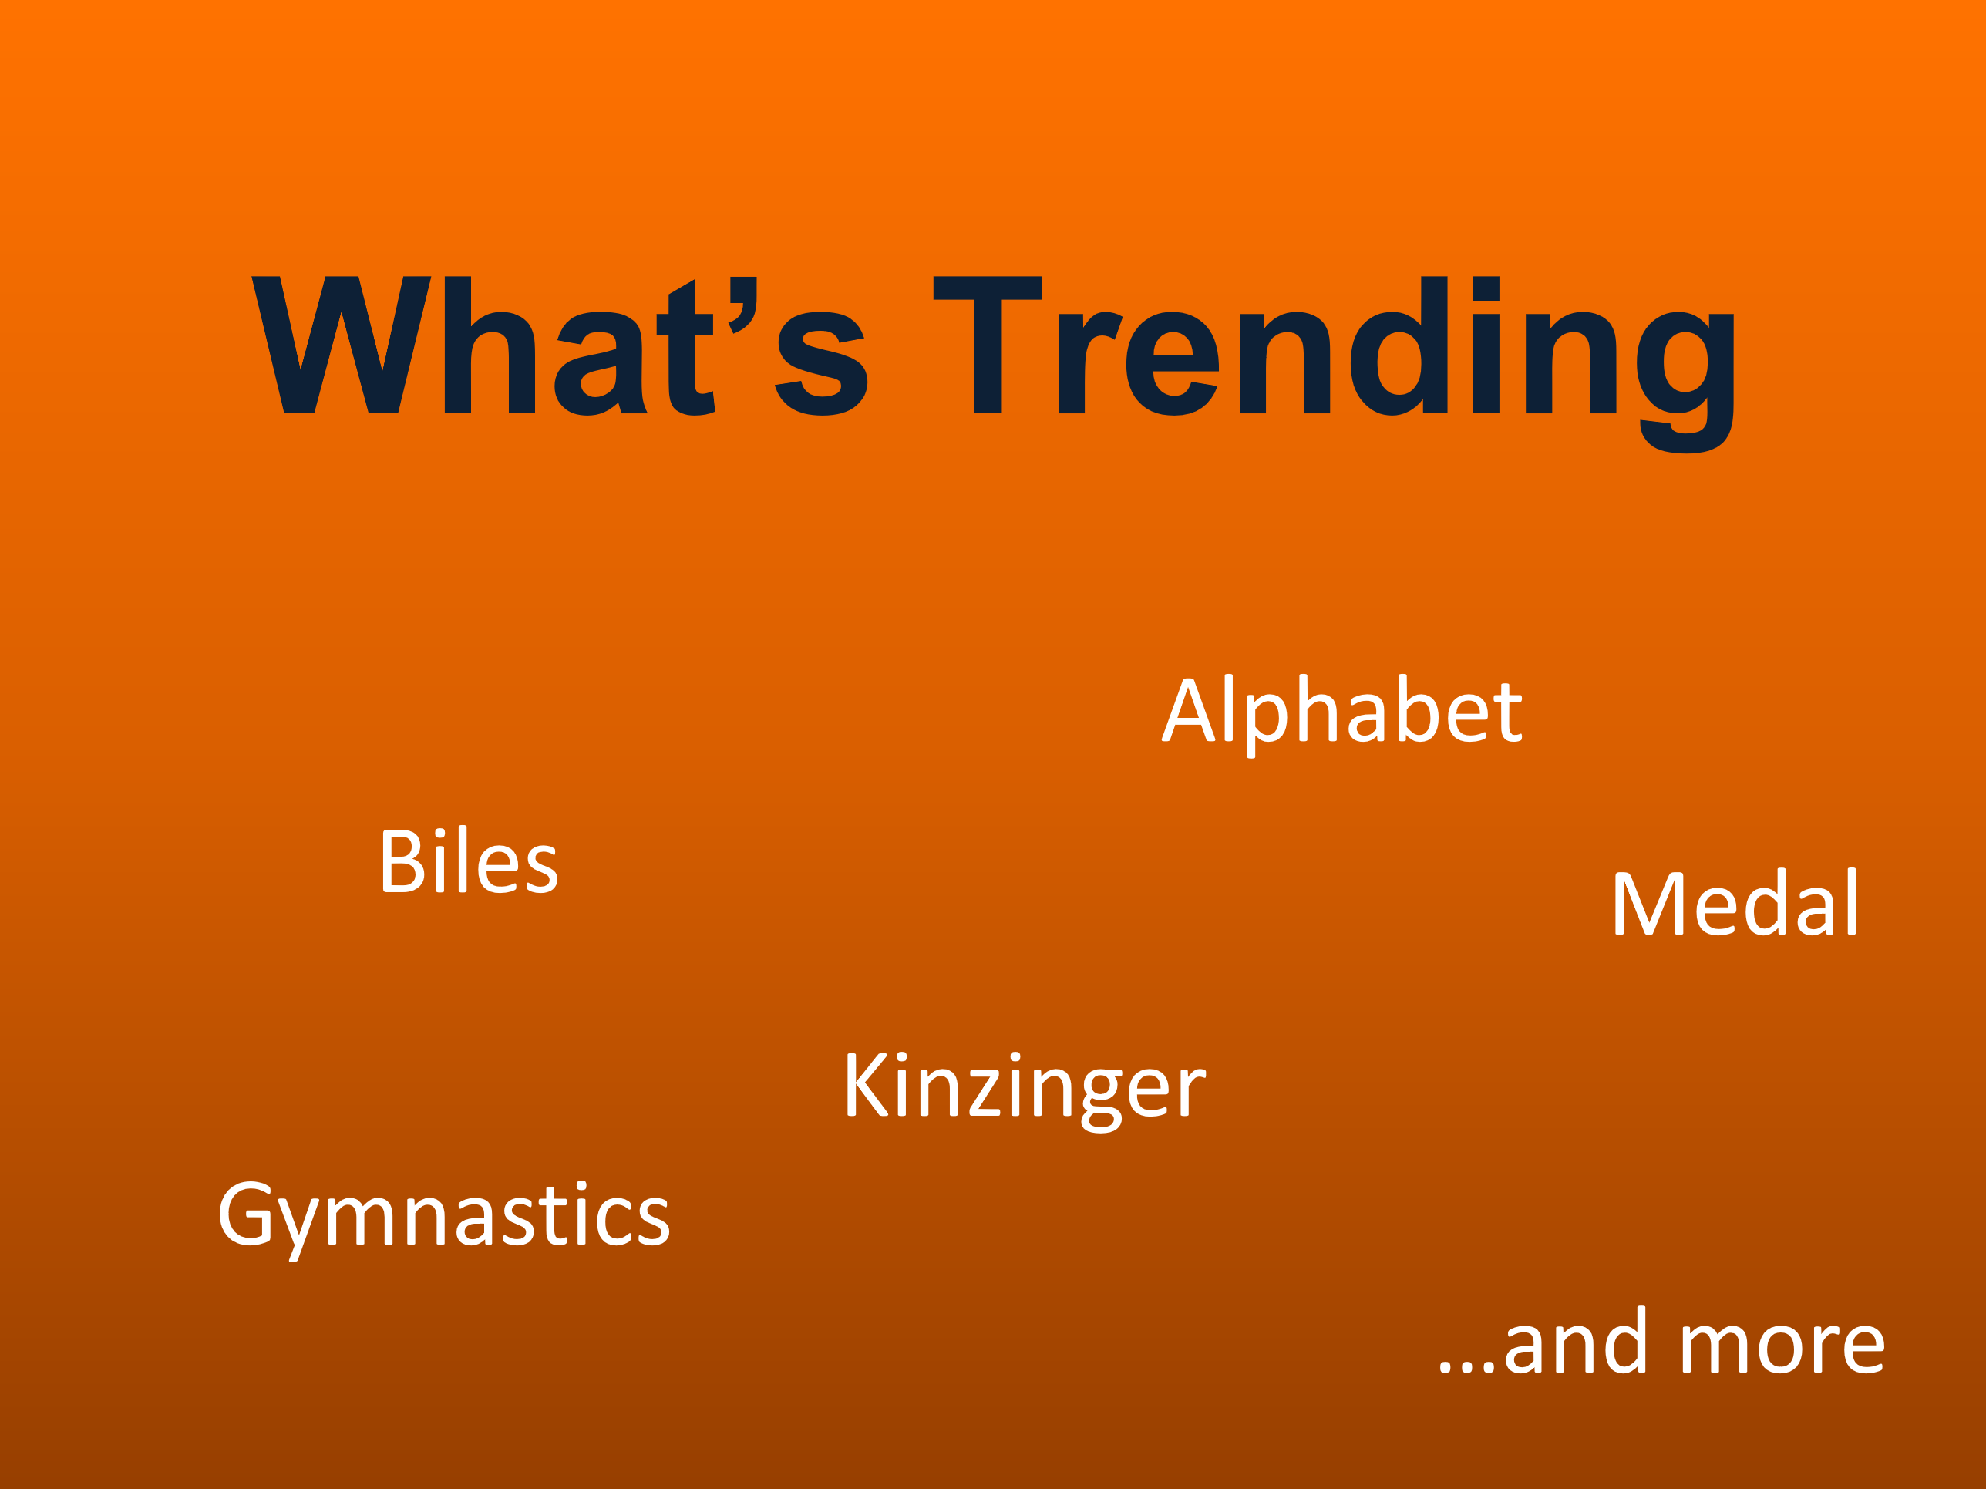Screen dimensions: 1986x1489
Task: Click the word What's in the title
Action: point(560,345)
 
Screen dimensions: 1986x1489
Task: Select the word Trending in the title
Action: point(1335,364)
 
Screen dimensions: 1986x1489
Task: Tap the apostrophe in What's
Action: point(742,305)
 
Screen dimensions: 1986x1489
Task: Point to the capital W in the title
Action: point(342,345)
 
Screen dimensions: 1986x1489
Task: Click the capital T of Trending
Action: point(988,345)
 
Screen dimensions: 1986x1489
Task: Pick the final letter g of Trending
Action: point(1685,382)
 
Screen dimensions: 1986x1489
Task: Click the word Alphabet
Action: point(1342,716)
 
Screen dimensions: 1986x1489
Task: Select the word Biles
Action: point(469,860)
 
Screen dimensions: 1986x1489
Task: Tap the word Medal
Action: point(1735,901)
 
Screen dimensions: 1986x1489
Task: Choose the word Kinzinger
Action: point(1025,1091)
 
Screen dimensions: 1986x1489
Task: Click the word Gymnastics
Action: point(443,1221)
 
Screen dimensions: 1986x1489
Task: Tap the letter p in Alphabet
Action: point(1267,726)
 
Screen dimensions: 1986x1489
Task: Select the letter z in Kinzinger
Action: point(985,1092)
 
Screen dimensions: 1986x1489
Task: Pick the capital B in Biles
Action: point(403,861)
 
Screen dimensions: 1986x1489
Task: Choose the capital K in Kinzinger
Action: point(867,1085)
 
